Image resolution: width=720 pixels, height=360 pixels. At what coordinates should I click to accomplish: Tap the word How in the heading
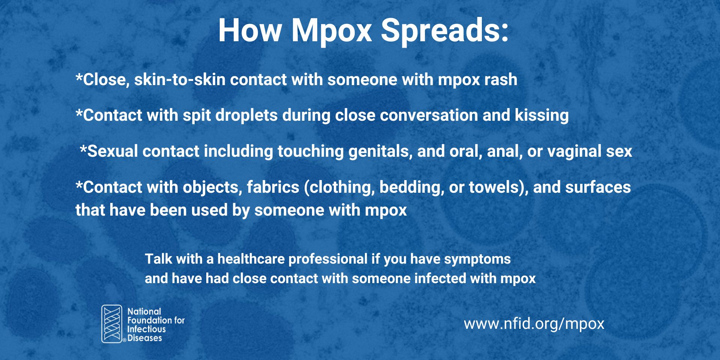click(x=250, y=30)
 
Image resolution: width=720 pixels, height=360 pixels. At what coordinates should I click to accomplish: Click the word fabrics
click(x=273, y=187)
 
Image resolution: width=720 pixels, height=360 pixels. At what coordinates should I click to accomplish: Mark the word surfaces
click(x=598, y=187)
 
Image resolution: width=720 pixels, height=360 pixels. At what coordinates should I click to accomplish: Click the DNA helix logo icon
click(x=112, y=324)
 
